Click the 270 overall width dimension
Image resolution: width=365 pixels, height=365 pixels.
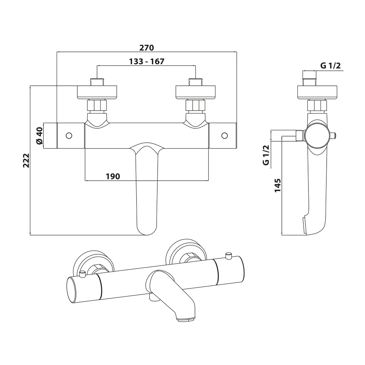(x=147, y=48)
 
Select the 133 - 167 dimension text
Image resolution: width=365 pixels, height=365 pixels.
(x=147, y=61)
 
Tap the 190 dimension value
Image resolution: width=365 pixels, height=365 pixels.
(x=113, y=176)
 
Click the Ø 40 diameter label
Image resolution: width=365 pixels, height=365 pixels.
(x=40, y=136)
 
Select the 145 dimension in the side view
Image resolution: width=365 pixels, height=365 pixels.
(x=277, y=185)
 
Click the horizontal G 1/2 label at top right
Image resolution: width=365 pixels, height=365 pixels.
(x=330, y=66)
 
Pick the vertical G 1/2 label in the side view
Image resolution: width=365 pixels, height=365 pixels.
(x=266, y=155)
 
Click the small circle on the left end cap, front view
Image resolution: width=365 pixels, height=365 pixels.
(x=69, y=135)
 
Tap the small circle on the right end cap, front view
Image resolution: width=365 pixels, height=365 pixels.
(x=224, y=135)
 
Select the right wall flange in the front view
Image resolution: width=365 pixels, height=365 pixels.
(x=196, y=92)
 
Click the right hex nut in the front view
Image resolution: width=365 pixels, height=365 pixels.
(x=196, y=107)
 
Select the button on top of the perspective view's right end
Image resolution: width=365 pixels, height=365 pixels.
(x=229, y=254)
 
